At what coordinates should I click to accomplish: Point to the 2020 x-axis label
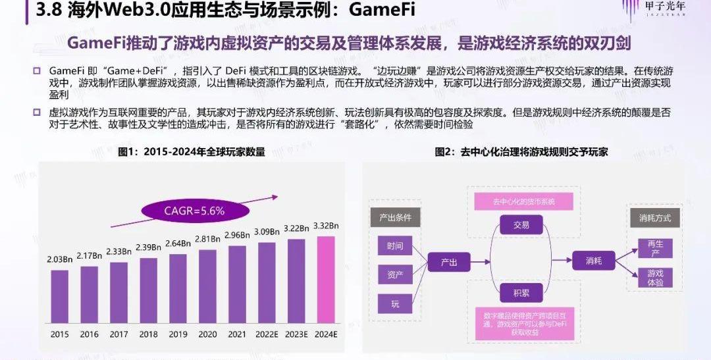pos(207,334)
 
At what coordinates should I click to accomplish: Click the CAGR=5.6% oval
pos(194,211)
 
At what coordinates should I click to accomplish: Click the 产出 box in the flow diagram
pos(449,261)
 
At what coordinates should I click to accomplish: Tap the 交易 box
pos(521,225)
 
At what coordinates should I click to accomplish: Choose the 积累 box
pos(521,292)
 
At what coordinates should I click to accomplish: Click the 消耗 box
pos(594,261)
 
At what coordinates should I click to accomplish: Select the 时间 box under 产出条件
pos(395,246)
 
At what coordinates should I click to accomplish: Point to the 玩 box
pos(395,303)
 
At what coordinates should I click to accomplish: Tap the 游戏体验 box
pos(656,278)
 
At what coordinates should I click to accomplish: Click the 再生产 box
pos(656,248)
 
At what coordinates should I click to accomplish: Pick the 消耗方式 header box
pos(654,218)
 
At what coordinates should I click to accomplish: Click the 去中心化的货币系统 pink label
pos(524,201)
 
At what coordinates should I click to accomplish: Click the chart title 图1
pos(191,152)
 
